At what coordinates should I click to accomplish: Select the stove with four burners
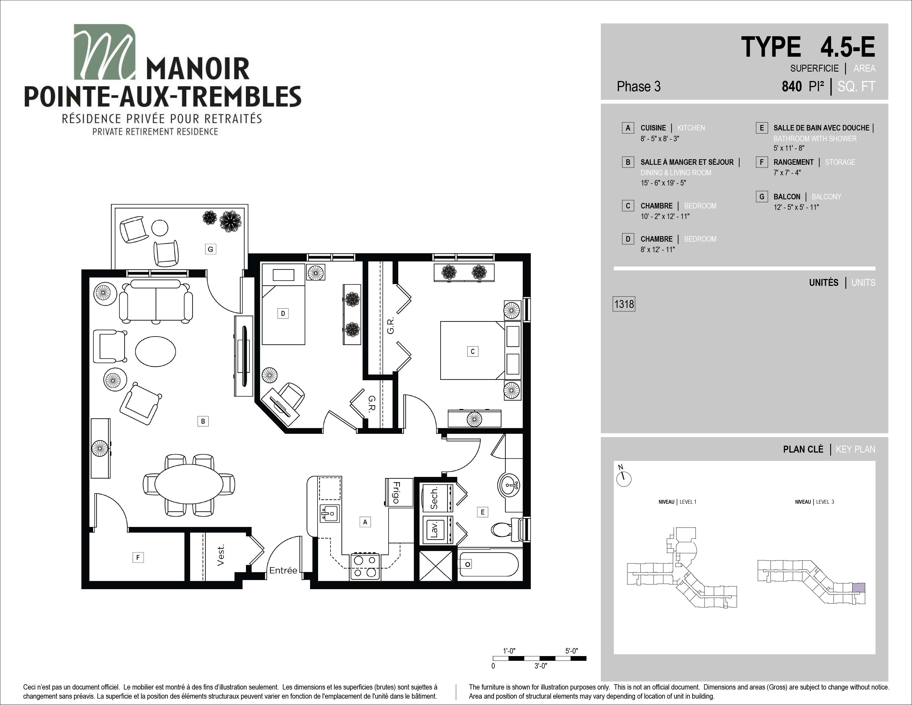tap(365, 566)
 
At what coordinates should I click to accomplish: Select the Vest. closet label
tap(221, 555)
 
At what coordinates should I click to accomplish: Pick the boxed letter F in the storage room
tap(138, 557)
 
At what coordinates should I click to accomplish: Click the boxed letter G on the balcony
tap(211, 249)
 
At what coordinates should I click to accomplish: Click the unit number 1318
tap(624, 304)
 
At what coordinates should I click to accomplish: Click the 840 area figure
tap(792, 87)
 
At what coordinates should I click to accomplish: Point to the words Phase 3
tap(638, 87)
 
